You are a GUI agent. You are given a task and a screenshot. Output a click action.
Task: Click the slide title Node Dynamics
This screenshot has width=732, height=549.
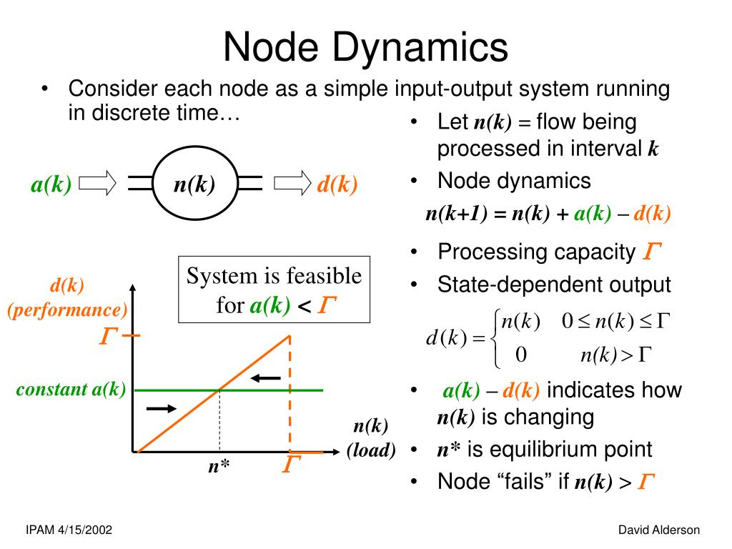(365, 48)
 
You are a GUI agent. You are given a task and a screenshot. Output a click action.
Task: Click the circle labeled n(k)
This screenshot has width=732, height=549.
(194, 183)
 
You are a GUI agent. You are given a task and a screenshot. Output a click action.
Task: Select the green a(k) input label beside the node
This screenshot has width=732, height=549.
(51, 184)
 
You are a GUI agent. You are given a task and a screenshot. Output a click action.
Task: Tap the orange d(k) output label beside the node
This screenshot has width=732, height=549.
(337, 184)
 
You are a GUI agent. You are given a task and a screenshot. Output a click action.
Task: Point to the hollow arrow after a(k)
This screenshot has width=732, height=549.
(97, 182)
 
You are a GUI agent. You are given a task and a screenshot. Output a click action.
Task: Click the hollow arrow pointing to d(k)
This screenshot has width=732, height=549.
(292, 182)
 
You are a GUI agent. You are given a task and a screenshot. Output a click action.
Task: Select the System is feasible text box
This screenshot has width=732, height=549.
(274, 290)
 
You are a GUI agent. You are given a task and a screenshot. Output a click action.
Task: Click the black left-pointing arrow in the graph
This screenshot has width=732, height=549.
(266, 377)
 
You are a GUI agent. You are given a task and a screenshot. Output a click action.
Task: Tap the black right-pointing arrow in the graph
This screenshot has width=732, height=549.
(162, 408)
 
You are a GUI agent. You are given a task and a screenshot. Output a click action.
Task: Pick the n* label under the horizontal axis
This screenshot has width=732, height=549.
(219, 466)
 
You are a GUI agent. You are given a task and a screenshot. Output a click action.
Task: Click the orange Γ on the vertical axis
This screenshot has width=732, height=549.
(109, 336)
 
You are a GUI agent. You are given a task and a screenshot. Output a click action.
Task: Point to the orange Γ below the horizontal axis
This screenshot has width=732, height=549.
(292, 464)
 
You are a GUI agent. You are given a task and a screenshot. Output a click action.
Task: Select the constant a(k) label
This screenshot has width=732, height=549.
(71, 389)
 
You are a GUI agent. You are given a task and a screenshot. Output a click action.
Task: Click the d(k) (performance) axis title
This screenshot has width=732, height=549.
(67, 298)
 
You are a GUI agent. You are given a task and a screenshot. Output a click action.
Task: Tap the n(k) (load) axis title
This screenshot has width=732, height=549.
(371, 438)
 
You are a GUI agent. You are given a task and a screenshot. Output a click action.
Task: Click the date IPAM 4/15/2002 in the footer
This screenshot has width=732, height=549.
(69, 530)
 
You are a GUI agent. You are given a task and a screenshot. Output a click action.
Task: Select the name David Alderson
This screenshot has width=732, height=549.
(658, 530)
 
